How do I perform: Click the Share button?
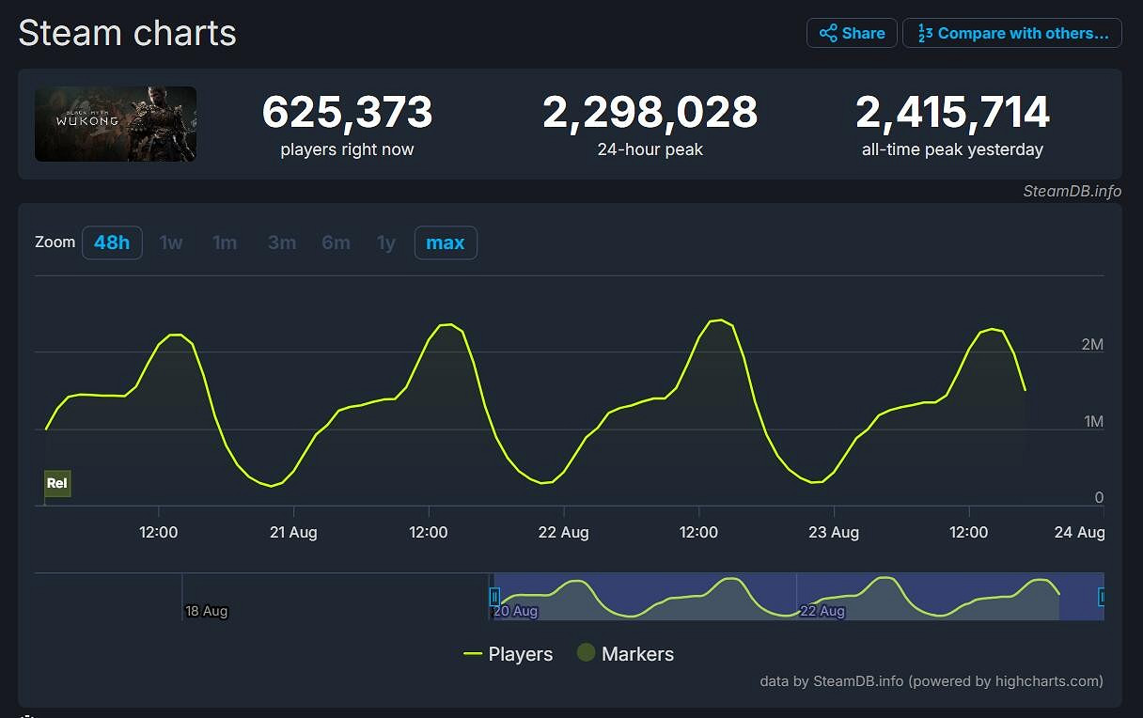tap(852, 33)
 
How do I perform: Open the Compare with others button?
tap(1012, 33)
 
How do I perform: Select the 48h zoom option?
tap(112, 242)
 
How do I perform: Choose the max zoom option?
tap(446, 242)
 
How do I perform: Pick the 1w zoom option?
tap(171, 242)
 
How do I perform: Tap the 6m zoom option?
tap(336, 242)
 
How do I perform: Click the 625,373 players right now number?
tap(347, 113)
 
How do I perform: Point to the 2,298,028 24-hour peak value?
tap(650, 113)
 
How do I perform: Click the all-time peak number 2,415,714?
tap(952, 113)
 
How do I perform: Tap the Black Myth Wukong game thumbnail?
tap(116, 124)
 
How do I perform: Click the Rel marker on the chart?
tap(57, 483)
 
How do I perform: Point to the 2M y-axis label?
tap(1092, 345)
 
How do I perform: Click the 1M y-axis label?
tap(1093, 422)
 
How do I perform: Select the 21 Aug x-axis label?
tap(293, 532)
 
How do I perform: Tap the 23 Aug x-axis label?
tap(834, 532)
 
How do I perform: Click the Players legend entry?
tap(509, 654)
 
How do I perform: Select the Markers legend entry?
tap(625, 654)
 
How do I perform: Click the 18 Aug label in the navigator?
tap(207, 611)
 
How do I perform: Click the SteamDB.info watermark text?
tap(1072, 191)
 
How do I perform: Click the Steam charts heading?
tap(127, 33)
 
